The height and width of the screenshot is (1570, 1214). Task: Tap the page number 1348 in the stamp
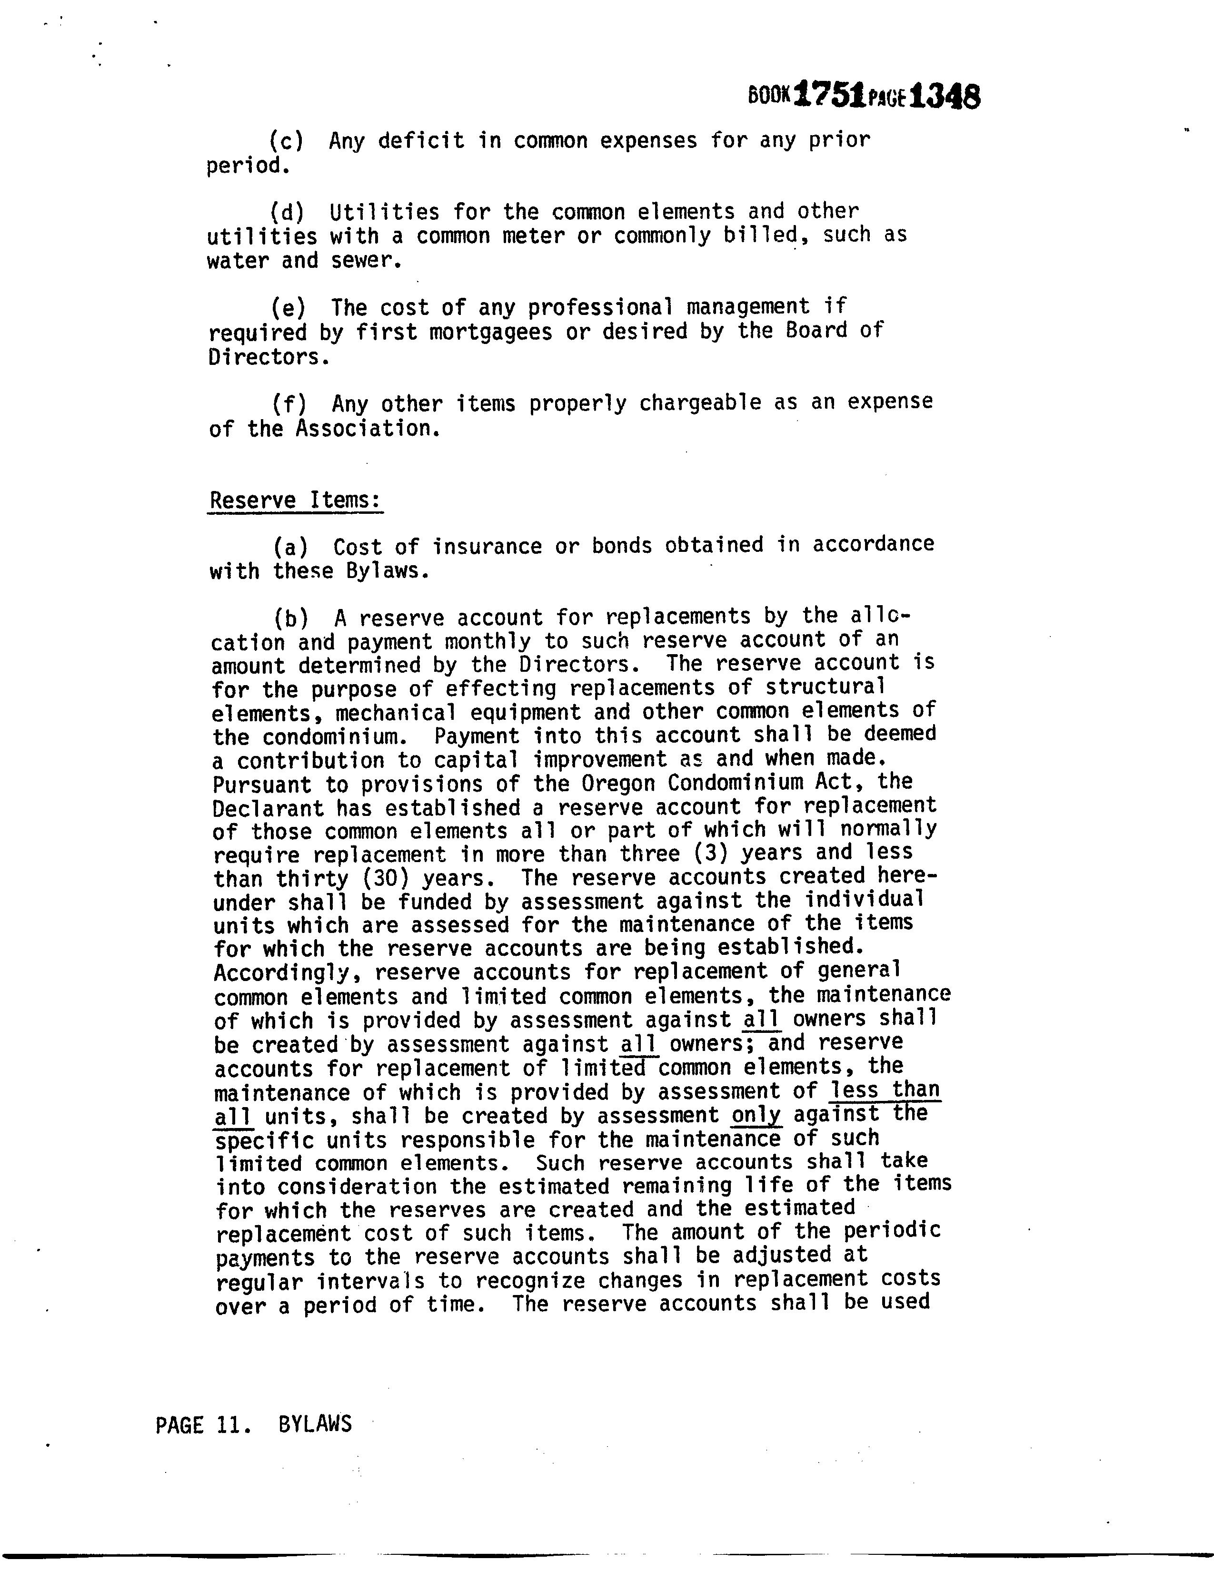pos(944,96)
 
